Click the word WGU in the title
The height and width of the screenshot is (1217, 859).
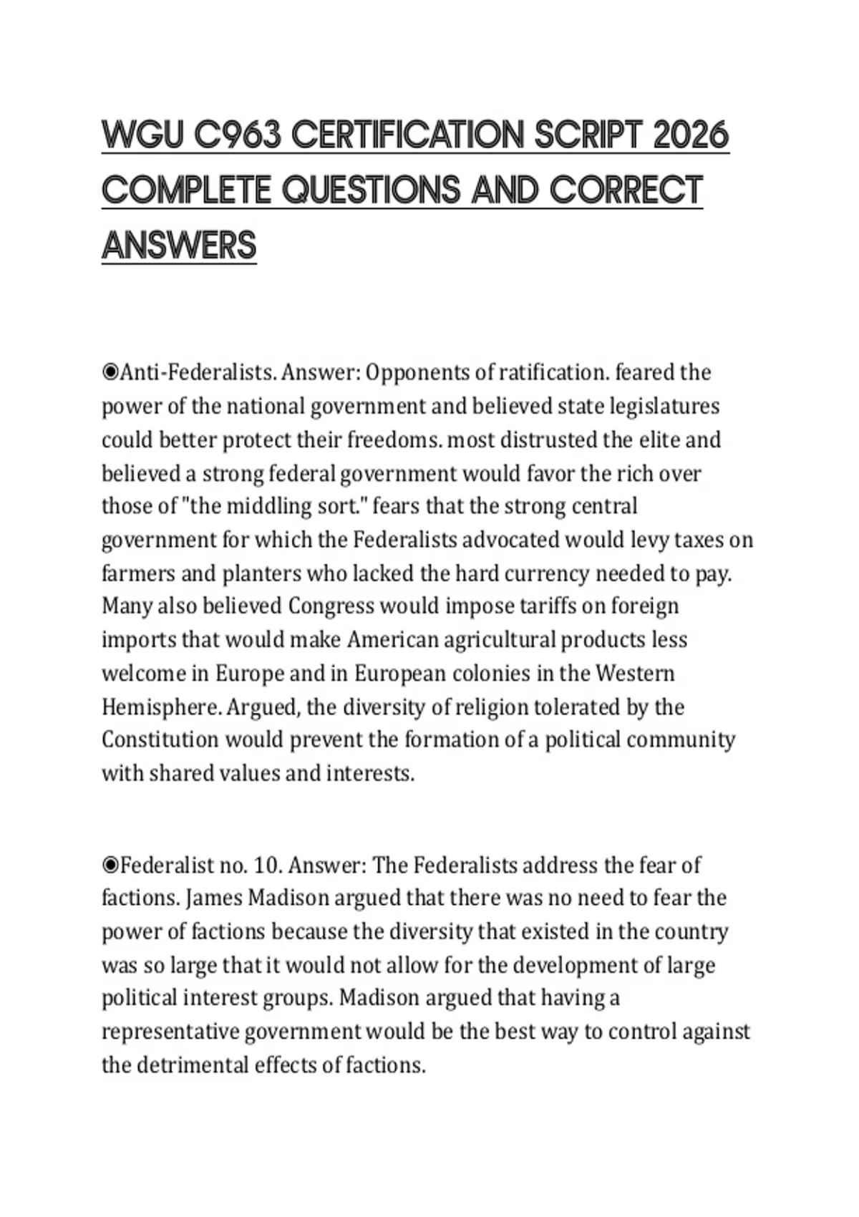141,135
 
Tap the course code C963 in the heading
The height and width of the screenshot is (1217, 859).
236,135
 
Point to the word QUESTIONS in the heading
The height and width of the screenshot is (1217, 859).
371,190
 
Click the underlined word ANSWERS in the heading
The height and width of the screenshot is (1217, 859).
179,246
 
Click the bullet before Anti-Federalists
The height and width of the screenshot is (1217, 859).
110,372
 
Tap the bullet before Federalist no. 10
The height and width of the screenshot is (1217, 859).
110,865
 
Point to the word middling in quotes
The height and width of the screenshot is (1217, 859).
269,506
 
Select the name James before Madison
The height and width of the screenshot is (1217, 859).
213,898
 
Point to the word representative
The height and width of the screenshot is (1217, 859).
170,1032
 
